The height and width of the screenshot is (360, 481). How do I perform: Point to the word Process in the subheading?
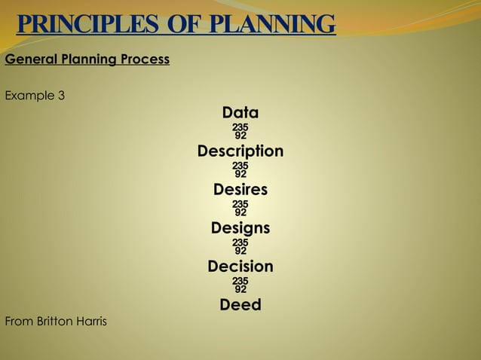coord(142,59)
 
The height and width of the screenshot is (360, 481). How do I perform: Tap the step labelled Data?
coord(240,113)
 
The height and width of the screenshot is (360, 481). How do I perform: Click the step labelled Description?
coord(240,151)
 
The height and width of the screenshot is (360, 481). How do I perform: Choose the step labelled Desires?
coord(240,190)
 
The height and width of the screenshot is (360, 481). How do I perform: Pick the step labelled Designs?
coord(240,228)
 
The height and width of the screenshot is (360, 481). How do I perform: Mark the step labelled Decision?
coord(240,267)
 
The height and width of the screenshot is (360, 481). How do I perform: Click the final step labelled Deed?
coord(240,305)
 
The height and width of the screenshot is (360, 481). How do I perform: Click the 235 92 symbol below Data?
coord(240,132)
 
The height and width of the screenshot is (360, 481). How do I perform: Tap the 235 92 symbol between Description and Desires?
coord(240,170)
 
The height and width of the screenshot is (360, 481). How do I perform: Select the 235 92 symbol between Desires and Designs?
coord(240,209)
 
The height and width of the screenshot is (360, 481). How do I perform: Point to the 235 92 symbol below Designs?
coord(240,247)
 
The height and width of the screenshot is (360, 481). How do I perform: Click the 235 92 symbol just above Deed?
coord(240,285)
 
